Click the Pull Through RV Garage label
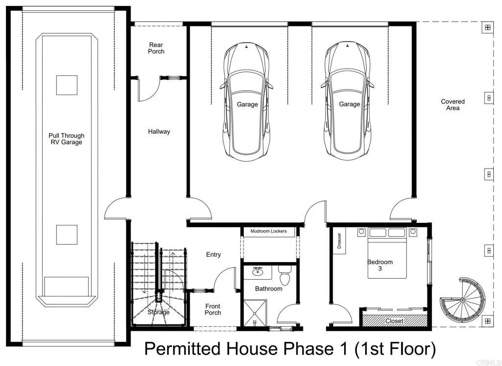66,139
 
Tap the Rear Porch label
156,48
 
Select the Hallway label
159,131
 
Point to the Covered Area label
452,104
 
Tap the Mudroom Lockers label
269,231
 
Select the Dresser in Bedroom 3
339,241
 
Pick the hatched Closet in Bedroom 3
394,321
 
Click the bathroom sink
258,271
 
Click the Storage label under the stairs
158,312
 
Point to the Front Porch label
213,309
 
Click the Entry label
213,254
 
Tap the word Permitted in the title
182,349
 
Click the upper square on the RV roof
67,85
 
